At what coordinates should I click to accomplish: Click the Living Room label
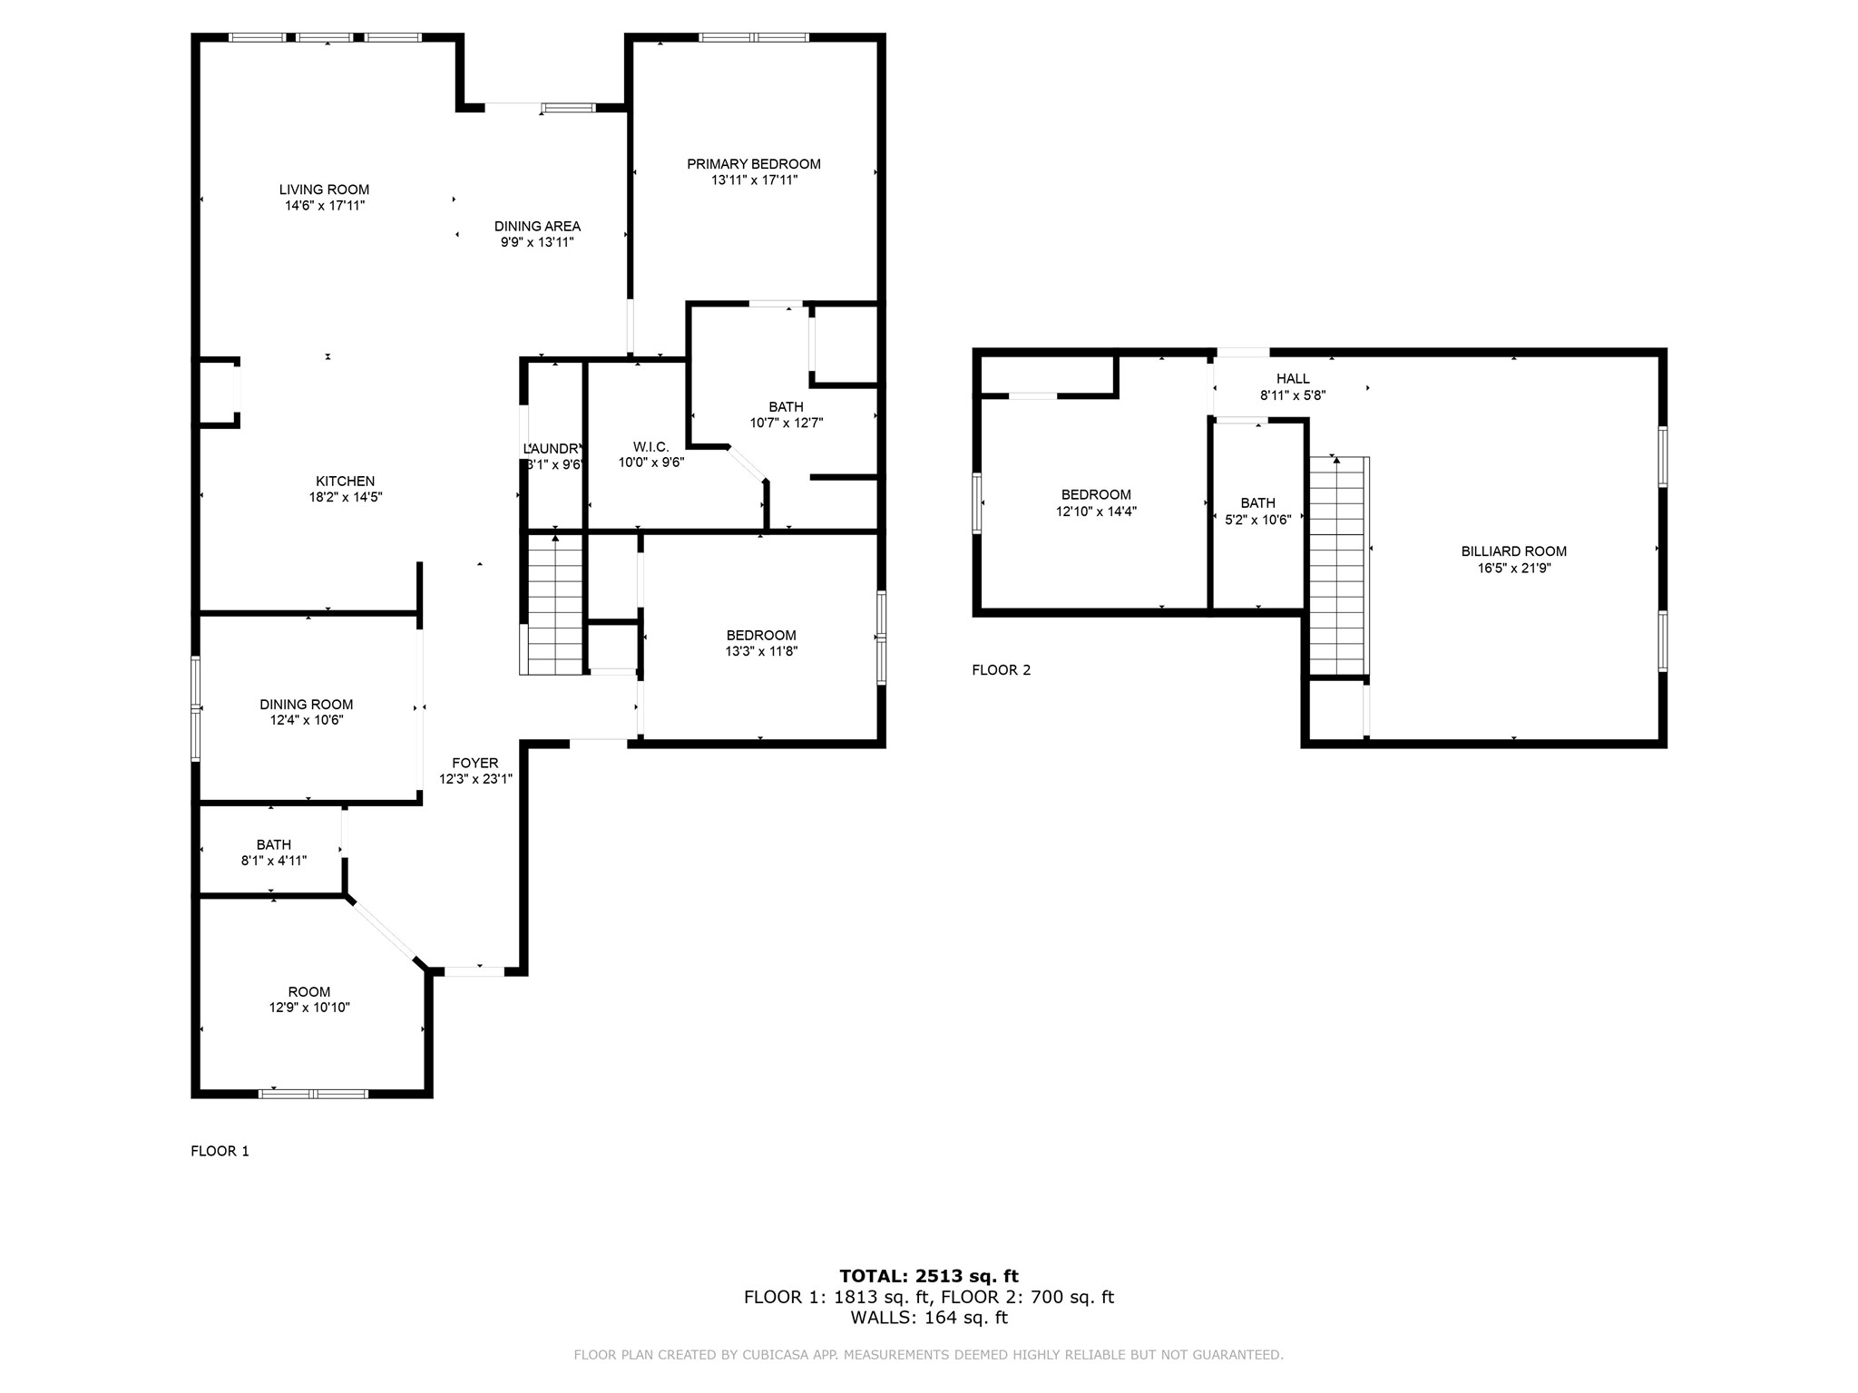(x=324, y=190)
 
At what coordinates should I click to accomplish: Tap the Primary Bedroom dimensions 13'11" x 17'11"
(x=754, y=180)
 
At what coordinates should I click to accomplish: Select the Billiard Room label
(x=1513, y=551)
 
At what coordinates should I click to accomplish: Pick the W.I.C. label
(x=650, y=447)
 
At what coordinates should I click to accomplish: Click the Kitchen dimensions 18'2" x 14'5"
(x=345, y=497)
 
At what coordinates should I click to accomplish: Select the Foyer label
(x=475, y=764)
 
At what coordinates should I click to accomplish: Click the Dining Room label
(x=306, y=705)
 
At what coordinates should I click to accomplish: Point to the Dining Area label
(x=537, y=227)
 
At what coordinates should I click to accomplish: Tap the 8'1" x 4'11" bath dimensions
(x=274, y=861)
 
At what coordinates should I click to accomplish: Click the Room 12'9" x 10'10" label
(x=309, y=992)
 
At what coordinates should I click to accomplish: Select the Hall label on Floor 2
(x=1293, y=379)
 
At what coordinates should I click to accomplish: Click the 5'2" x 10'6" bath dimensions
(x=1257, y=520)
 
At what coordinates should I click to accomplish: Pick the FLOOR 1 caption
(x=220, y=1151)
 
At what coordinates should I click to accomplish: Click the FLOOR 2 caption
(x=1001, y=670)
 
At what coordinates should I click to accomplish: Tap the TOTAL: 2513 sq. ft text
(x=929, y=1276)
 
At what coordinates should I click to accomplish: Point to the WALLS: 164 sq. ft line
(x=929, y=1318)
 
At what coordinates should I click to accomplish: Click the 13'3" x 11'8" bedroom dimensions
(x=761, y=651)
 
